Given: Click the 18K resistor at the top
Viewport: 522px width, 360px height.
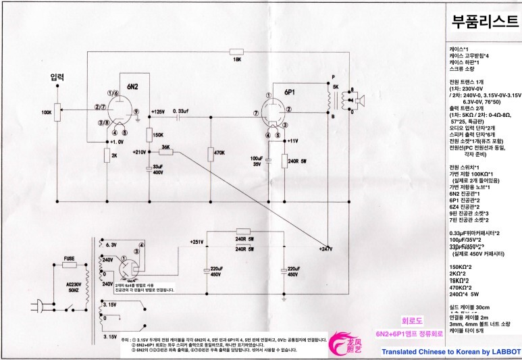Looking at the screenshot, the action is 236,51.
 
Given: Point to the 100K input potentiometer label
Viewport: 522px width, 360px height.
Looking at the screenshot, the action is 46,112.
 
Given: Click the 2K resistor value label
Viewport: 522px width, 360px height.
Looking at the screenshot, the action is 115,156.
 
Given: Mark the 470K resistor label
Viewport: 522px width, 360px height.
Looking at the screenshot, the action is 218,153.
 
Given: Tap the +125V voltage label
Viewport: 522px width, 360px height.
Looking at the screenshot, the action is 158,111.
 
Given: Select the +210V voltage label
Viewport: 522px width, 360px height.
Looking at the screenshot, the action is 140,152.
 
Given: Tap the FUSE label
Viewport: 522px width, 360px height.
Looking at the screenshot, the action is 69,257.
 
